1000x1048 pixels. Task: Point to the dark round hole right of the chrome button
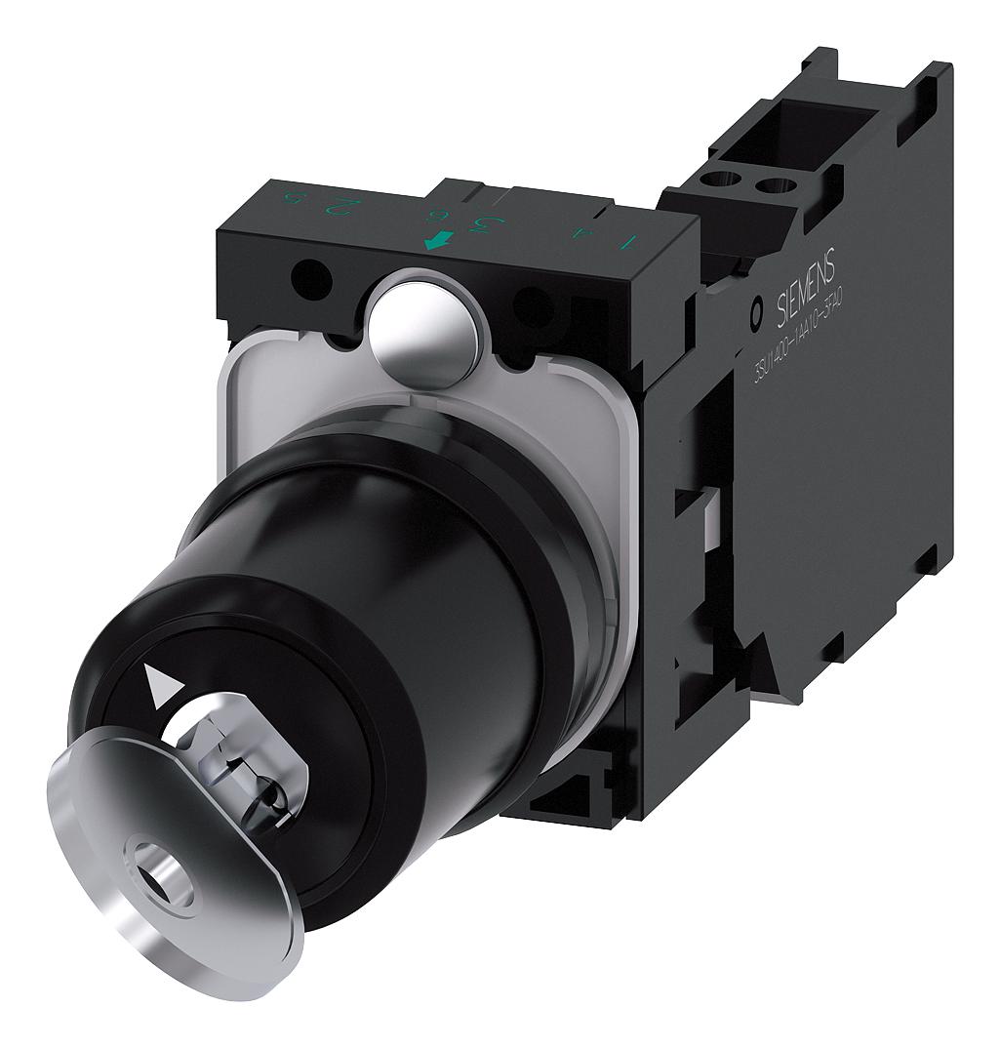coord(531,309)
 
